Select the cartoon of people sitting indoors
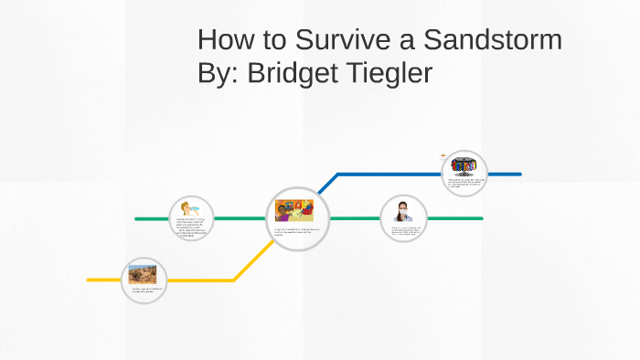tap(294, 210)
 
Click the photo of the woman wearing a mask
tap(403, 210)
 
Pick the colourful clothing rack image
tap(464, 166)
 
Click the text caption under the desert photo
tap(145, 291)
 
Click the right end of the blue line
tap(519, 174)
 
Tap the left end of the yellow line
tap(89, 280)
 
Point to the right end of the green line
tap(481, 219)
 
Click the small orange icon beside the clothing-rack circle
tap(443, 155)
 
